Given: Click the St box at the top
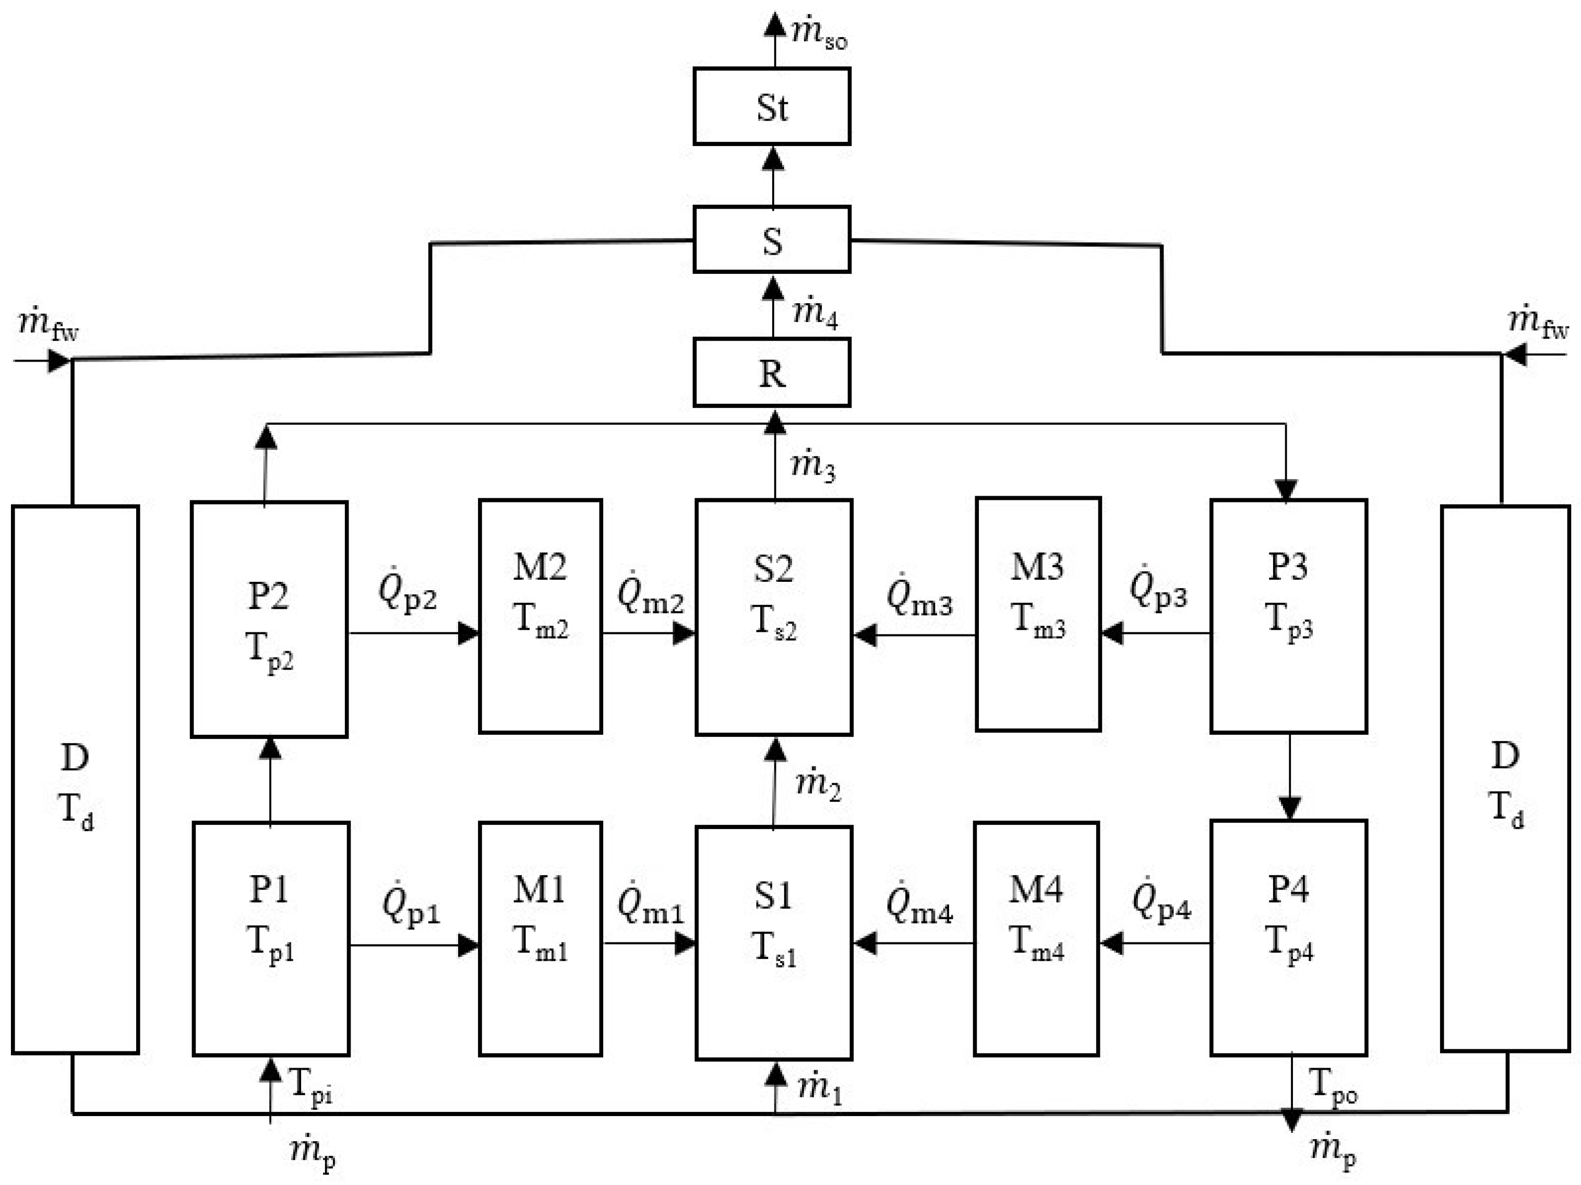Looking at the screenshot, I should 771,106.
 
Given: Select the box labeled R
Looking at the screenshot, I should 771,373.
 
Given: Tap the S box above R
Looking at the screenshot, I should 771,240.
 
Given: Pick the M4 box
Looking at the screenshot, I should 1036,938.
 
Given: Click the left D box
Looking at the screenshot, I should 75,779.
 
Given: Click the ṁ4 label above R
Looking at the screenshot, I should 815,313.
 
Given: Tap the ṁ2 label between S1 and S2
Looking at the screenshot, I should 818,784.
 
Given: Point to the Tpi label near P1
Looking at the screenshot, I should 310,1086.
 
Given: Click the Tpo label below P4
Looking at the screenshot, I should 1332,1086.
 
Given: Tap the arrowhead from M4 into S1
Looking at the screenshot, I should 865,943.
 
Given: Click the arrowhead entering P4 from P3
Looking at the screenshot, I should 1289,808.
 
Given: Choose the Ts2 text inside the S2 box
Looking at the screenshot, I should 773,623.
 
